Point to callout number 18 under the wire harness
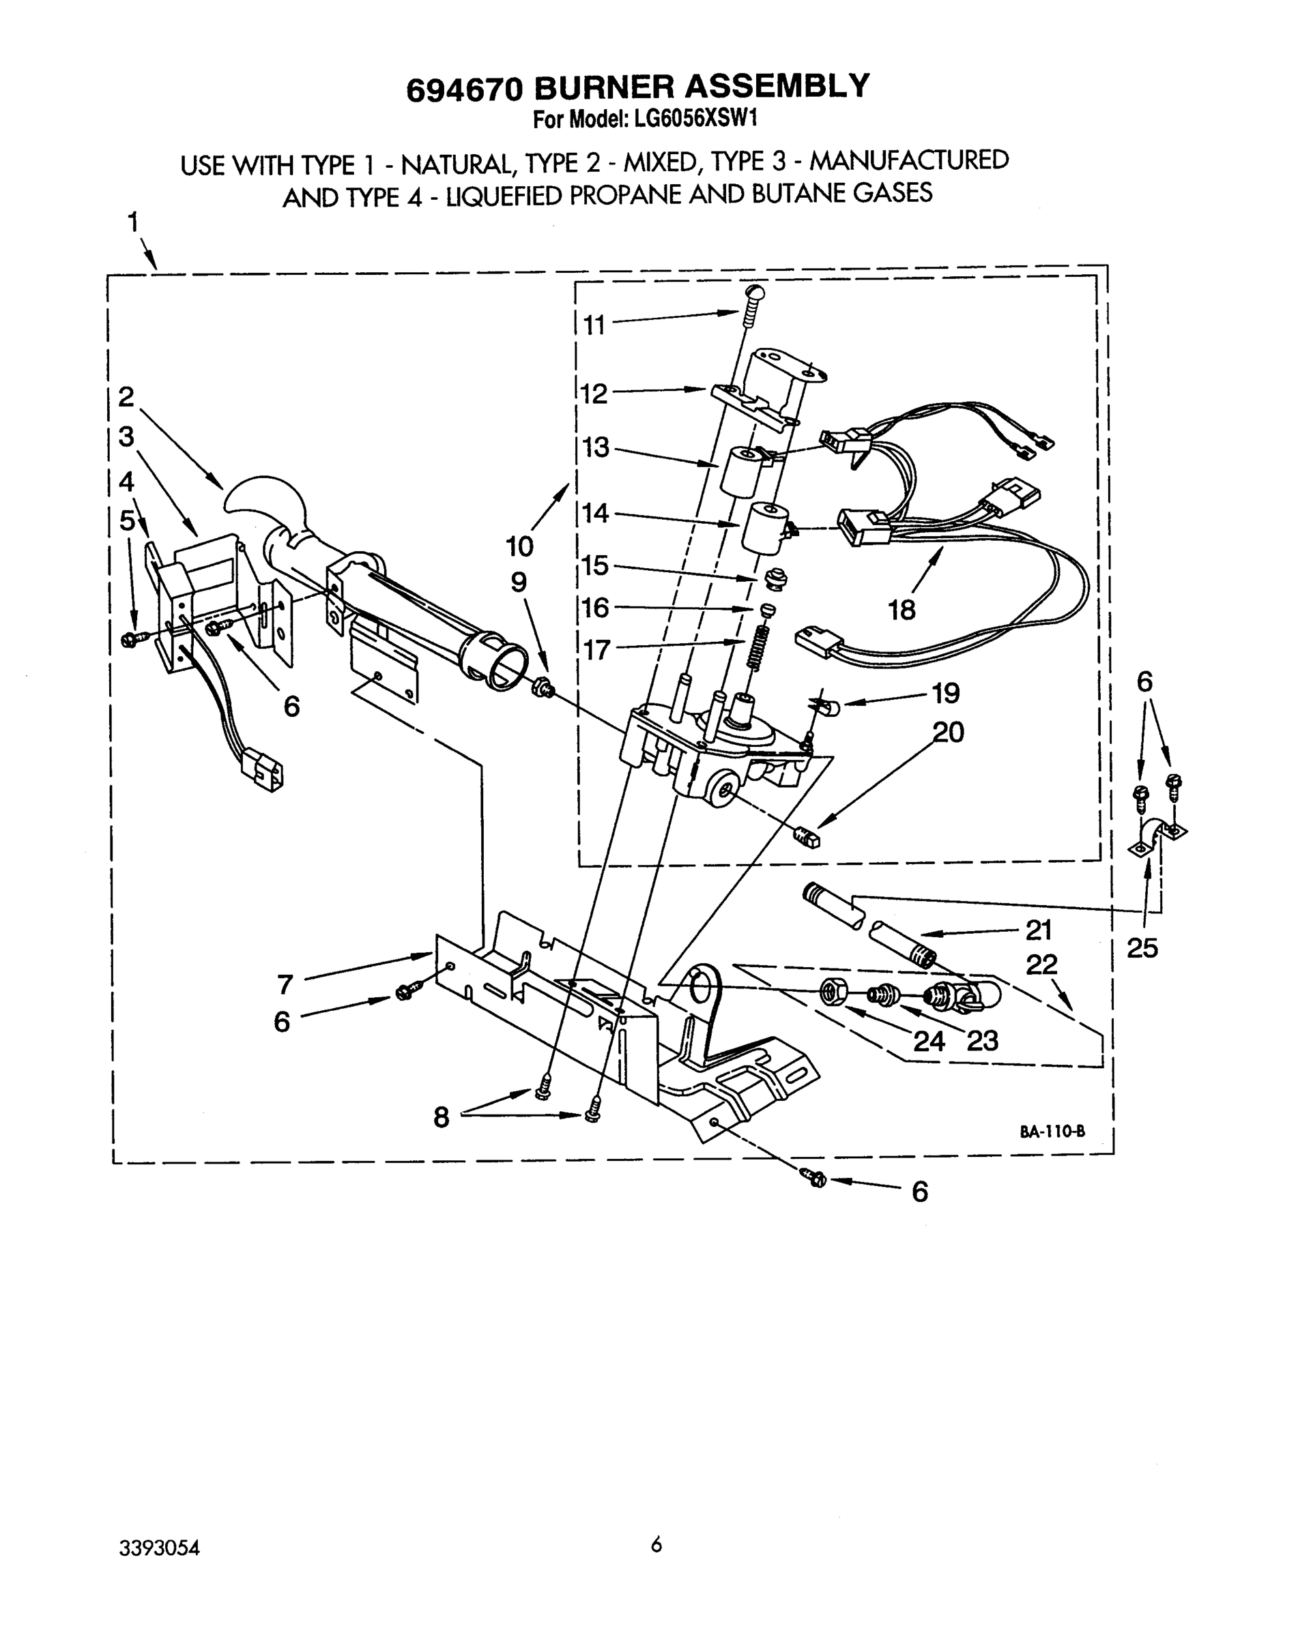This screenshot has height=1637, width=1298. tap(902, 610)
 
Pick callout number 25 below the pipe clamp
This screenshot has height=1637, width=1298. tap(1142, 947)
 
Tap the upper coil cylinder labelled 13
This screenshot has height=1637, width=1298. tap(741, 471)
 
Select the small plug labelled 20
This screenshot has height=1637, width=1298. tap(809, 838)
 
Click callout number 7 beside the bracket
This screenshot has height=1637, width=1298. tap(285, 985)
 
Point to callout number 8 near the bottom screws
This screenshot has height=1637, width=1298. tap(442, 1117)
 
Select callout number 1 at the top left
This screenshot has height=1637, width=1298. tap(133, 222)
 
